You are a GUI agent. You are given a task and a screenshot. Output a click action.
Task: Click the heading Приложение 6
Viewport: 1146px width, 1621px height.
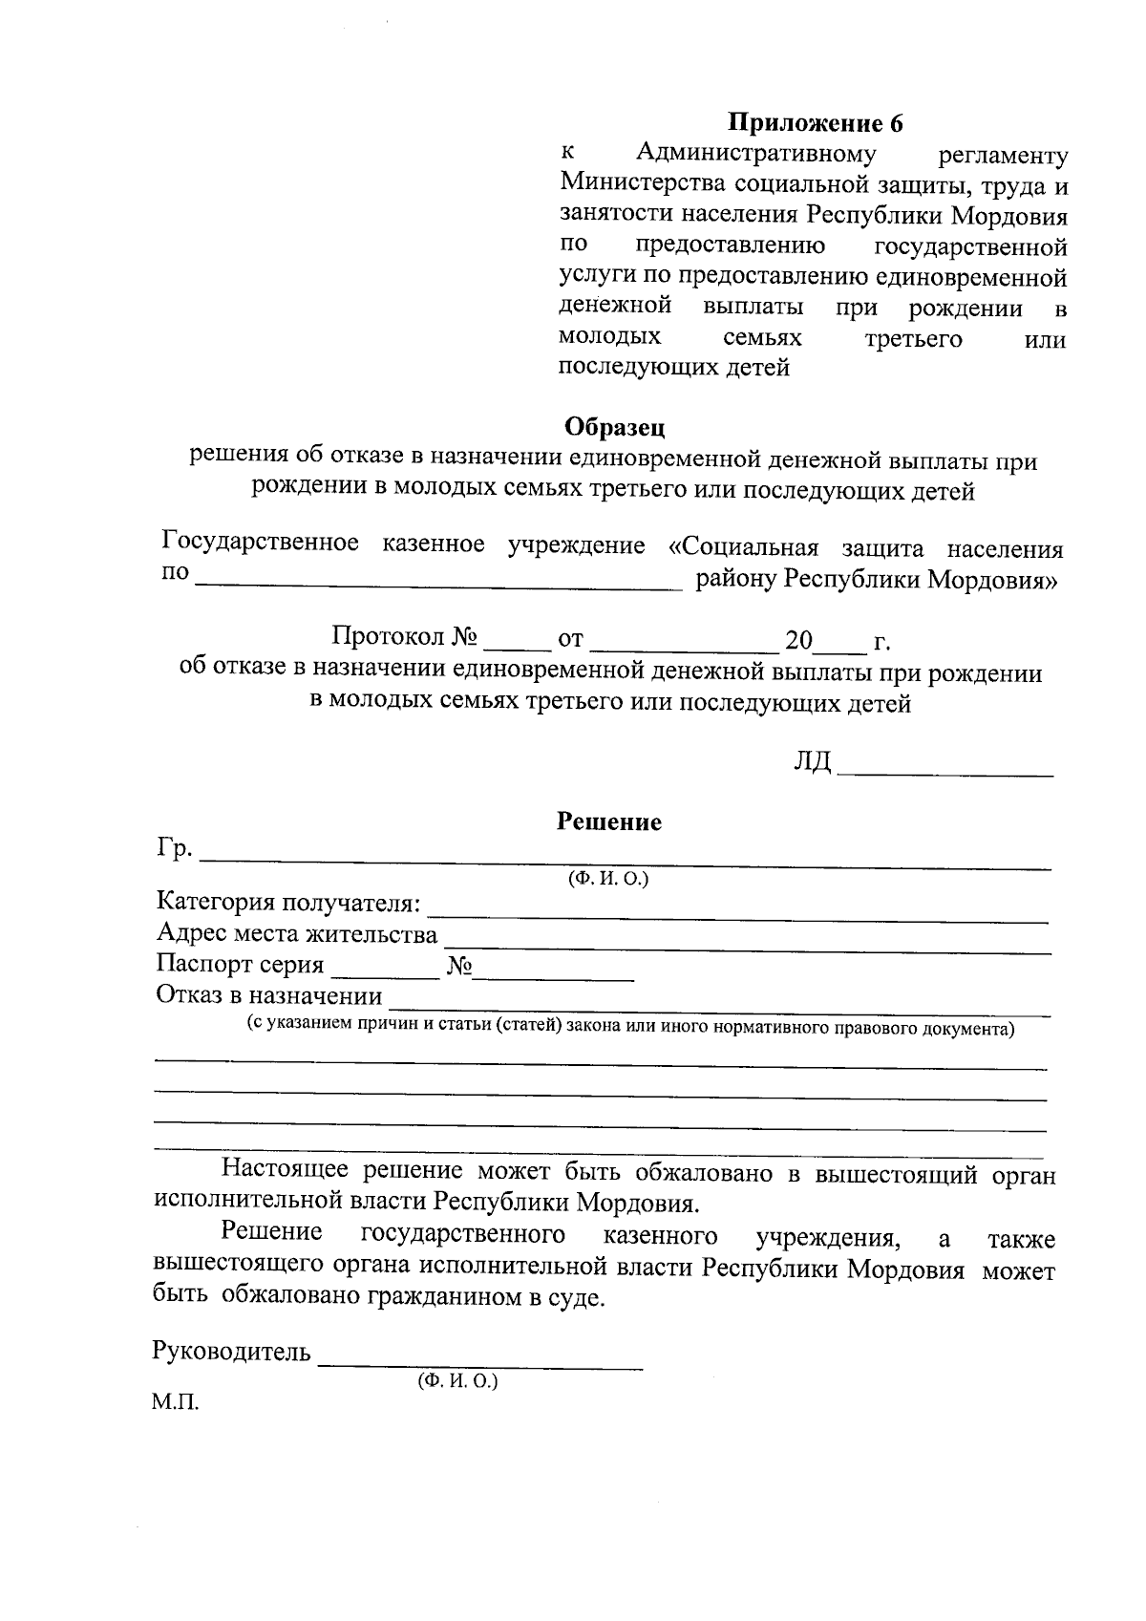tap(816, 123)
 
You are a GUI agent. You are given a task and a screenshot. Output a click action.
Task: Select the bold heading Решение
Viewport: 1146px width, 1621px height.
tap(609, 821)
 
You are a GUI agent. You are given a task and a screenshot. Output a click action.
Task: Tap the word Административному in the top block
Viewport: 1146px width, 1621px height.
tap(755, 154)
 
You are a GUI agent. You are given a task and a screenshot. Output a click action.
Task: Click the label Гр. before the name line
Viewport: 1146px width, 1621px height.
tap(174, 848)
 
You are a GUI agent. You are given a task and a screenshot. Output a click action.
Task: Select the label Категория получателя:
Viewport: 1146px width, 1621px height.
tap(287, 903)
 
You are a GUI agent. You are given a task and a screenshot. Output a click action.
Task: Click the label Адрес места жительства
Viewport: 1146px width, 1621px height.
tap(296, 934)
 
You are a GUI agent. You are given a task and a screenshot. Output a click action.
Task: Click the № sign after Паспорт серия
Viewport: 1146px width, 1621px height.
tap(459, 966)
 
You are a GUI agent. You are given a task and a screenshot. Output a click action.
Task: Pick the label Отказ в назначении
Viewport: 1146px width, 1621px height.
tap(268, 996)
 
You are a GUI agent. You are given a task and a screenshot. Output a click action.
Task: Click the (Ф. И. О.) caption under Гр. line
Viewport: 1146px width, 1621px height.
tap(608, 880)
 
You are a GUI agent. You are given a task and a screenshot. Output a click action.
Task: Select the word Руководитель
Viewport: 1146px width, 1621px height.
tap(231, 1352)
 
